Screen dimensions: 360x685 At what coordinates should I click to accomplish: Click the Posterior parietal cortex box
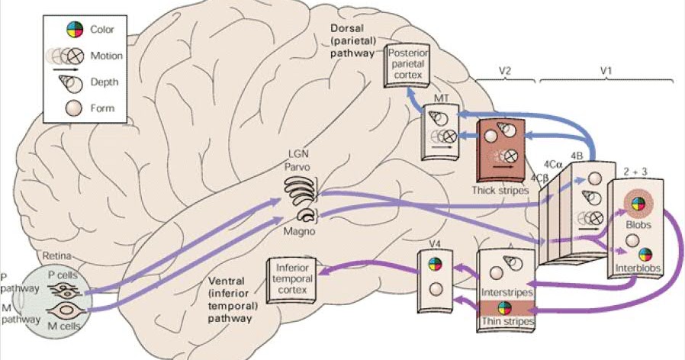click(408, 66)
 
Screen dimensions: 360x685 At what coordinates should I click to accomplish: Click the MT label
click(441, 100)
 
